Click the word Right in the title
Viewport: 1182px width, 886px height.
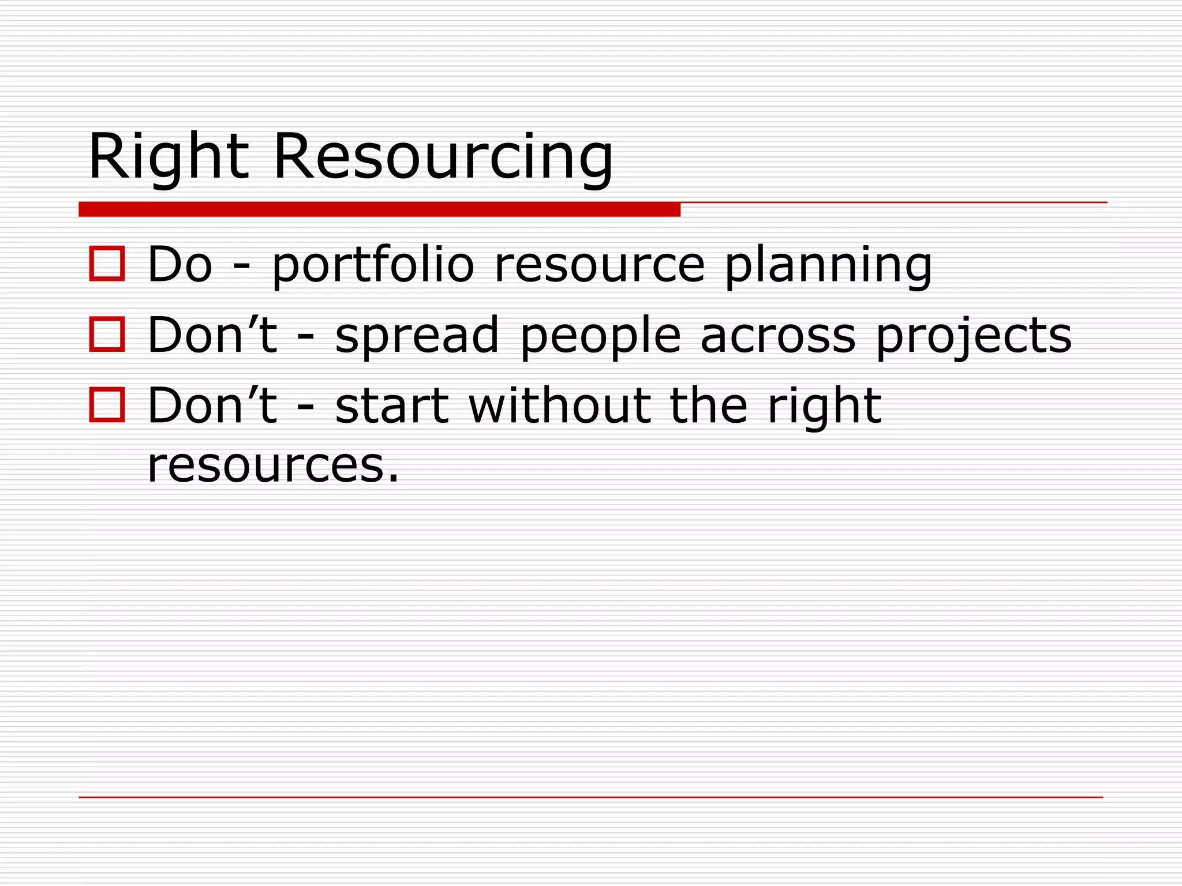(x=168, y=156)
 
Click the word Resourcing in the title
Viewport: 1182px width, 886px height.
(x=443, y=156)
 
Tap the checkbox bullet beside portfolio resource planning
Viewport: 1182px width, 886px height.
(x=107, y=264)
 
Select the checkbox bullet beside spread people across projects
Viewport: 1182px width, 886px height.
(x=107, y=334)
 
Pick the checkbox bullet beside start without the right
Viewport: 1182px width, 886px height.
(x=107, y=405)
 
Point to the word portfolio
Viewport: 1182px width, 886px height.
(x=373, y=265)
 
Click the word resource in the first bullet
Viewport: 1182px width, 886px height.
(x=600, y=265)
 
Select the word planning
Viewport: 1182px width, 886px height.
(x=828, y=266)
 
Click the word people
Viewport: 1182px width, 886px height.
(x=601, y=336)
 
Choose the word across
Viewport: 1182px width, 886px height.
(x=778, y=336)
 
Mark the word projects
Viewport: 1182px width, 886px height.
(x=974, y=336)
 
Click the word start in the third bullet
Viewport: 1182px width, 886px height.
(x=392, y=406)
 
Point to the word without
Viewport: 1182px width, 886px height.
(x=559, y=406)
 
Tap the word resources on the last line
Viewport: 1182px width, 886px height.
(x=272, y=465)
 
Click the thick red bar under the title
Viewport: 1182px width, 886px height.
(x=379, y=209)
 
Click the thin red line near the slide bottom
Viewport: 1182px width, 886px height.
(x=590, y=797)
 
